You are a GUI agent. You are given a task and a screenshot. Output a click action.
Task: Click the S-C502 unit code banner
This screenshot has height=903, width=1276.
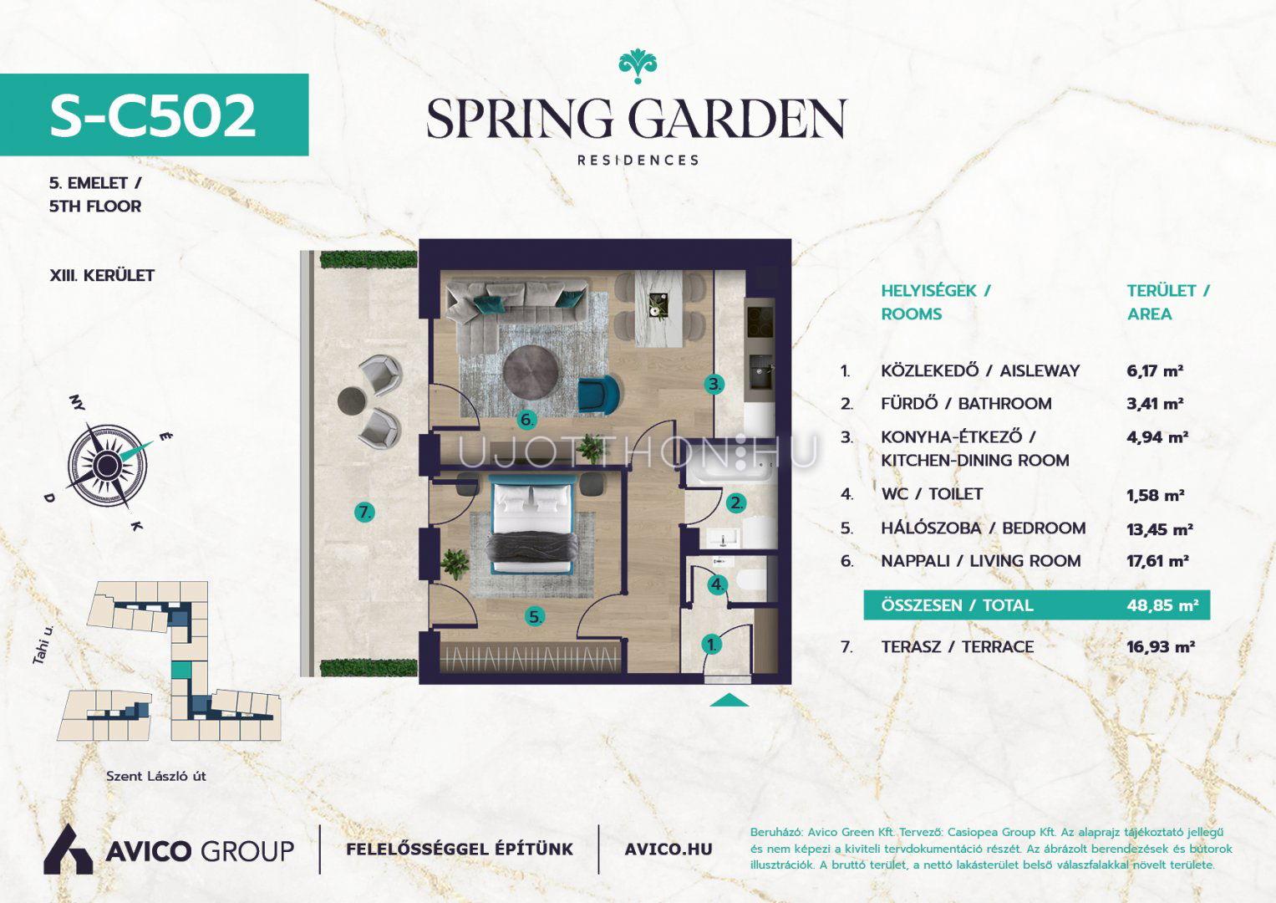tap(154, 115)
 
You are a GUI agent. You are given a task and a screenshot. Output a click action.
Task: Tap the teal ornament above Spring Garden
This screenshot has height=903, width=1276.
tap(638, 67)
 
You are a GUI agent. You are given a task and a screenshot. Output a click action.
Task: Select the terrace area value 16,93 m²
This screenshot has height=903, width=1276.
tap(1161, 646)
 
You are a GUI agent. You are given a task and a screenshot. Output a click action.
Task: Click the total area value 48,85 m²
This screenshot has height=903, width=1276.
tap(1162, 605)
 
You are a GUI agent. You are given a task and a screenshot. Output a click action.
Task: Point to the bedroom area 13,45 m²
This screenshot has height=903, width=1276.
tap(1159, 529)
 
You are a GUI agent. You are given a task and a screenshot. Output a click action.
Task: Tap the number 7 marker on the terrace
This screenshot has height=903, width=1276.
tap(364, 513)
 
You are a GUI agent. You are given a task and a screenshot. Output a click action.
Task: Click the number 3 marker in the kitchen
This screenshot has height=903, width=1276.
tap(714, 384)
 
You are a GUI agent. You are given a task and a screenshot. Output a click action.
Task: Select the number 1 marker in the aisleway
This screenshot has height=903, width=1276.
tap(711, 645)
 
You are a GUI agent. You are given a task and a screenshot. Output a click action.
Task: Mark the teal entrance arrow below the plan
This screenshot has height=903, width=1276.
tap(729, 701)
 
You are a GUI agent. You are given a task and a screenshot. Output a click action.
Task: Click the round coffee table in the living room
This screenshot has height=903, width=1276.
tap(531, 372)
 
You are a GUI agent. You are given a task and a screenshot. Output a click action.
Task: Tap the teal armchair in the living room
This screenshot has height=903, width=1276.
tap(598, 392)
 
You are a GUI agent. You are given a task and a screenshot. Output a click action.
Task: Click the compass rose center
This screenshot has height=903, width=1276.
tap(106, 465)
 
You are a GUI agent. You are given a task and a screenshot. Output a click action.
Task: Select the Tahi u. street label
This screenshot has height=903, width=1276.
tap(43, 645)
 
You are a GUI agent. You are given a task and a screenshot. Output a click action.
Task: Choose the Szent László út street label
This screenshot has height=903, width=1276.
tap(156, 776)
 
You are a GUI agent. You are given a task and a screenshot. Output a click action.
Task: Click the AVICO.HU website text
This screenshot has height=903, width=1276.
tap(669, 849)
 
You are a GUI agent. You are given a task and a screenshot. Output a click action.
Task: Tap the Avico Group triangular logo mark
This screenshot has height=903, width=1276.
tap(68, 849)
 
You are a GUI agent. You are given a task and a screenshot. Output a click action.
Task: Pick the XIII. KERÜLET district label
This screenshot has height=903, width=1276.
tap(102, 275)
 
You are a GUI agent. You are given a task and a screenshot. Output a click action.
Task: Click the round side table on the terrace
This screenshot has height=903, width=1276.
tap(351, 400)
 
